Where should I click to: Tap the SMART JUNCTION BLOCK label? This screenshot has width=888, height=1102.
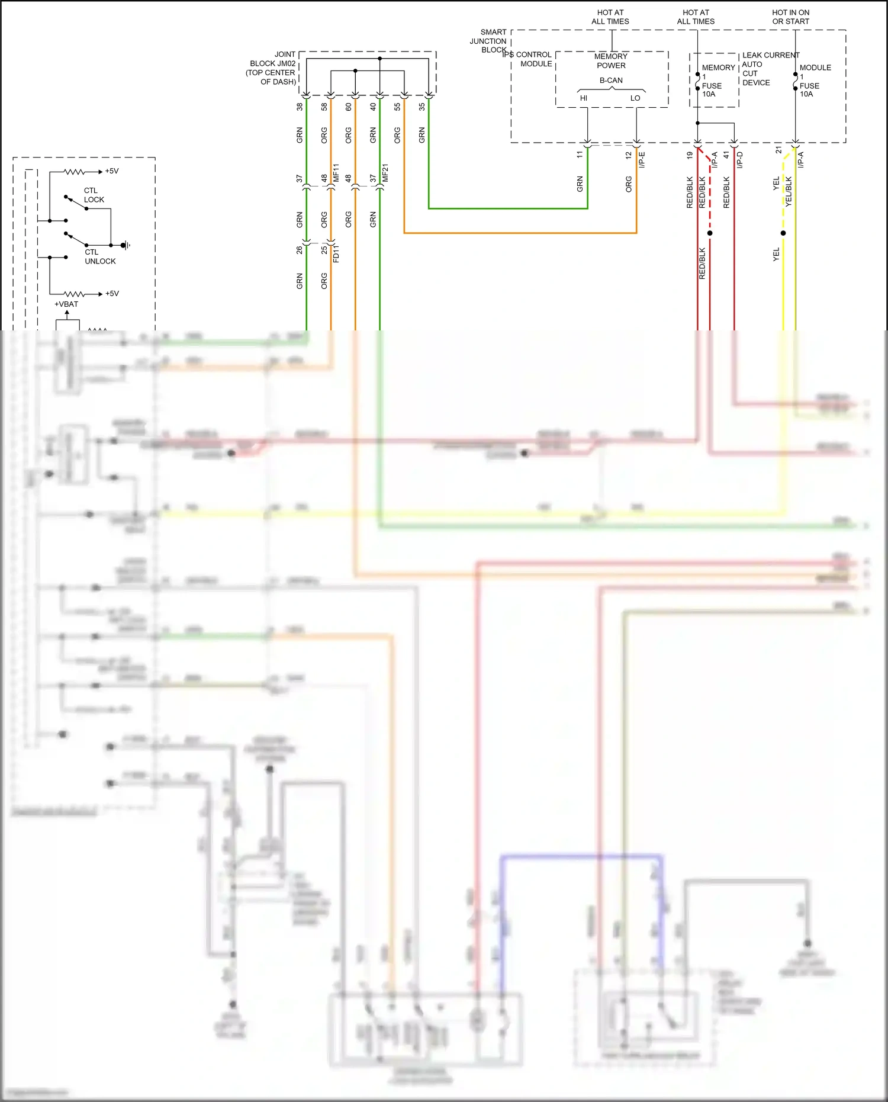tap(489, 41)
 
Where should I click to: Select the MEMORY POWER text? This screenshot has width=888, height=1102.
tap(611, 61)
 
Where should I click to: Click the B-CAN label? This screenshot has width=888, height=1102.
tap(611, 81)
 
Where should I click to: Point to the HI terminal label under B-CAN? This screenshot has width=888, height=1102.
tap(584, 98)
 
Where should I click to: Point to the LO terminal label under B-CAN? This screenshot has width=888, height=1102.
tap(635, 98)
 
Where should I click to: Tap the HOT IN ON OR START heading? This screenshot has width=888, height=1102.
tap(790, 17)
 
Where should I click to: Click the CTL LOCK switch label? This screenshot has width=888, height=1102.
tap(94, 195)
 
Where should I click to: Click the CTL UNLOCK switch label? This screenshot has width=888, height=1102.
tap(99, 257)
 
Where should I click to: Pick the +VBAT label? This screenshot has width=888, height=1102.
tap(66, 304)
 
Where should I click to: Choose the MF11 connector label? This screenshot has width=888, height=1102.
tap(336, 173)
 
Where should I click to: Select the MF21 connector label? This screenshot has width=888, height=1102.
tap(385, 173)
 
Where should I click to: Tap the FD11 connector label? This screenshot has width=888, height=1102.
tap(336, 253)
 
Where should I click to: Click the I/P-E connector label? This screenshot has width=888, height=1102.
tap(642, 160)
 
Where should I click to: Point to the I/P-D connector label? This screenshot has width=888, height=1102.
tap(740, 160)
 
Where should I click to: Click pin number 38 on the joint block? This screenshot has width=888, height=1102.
tap(300, 107)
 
